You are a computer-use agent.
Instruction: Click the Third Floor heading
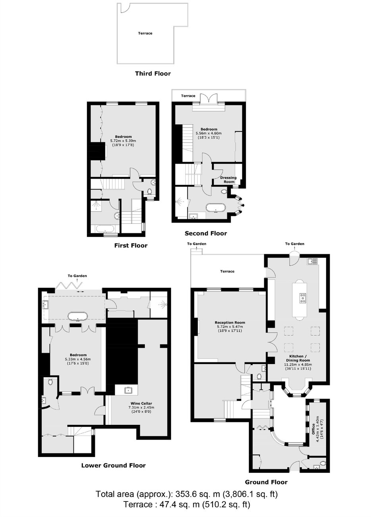coord(153,74)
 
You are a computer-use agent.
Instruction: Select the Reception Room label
coord(230,322)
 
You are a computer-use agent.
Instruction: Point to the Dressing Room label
coord(228,180)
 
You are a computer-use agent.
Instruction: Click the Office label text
coord(313,429)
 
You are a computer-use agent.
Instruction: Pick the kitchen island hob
coord(302,298)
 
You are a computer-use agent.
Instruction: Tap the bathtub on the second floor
coord(215,208)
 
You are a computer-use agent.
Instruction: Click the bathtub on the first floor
coord(105,229)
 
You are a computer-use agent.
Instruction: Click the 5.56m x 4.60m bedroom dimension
coord(209,134)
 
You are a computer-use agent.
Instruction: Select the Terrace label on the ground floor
coord(227,271)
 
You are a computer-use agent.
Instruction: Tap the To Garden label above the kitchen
coord(294,244)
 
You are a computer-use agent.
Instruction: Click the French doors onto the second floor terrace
coord(209,98)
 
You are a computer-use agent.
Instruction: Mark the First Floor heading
coord(131,245)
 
